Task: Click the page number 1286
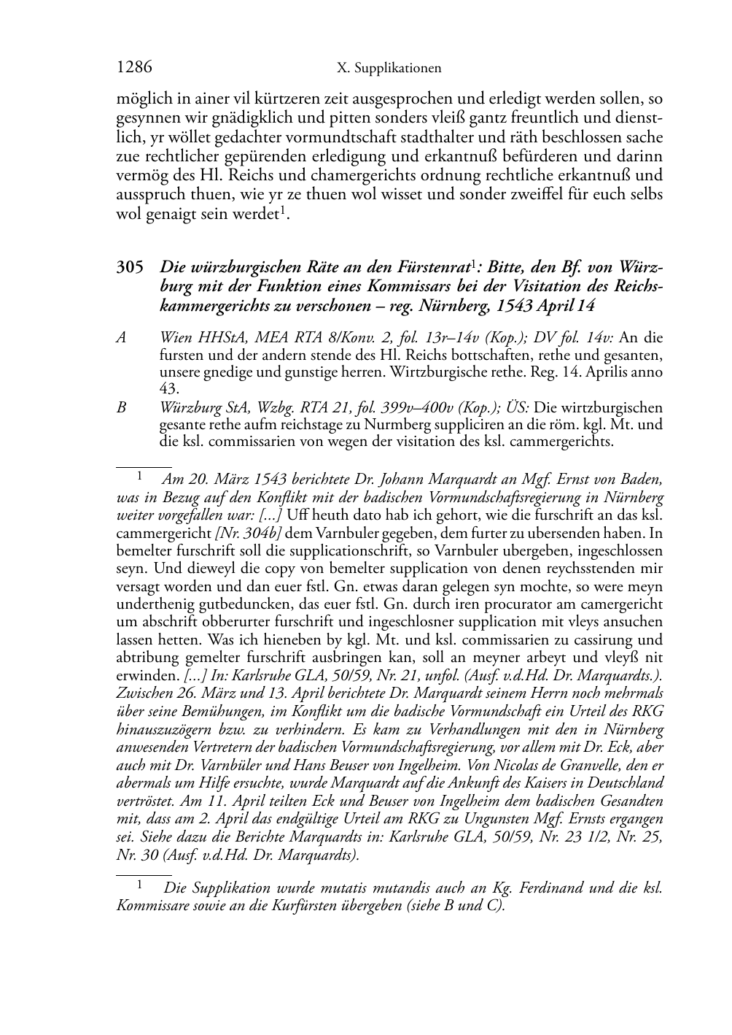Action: [134, 67]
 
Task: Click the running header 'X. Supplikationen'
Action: [389, 69]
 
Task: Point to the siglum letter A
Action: [121, 338]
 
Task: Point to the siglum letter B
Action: [121, 407]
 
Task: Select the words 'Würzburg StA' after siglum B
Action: [197, 407]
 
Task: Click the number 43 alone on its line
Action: [168, 390]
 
